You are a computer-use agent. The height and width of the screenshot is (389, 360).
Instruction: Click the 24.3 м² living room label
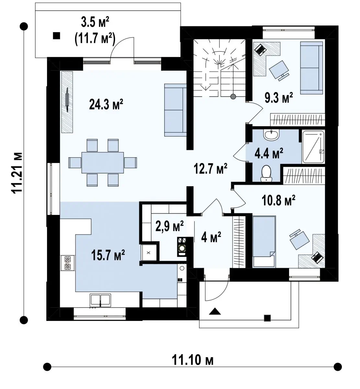(106, 104)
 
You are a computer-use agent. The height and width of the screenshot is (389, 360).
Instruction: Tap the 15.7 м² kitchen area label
(108, 255)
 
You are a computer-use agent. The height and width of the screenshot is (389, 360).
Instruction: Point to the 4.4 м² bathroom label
(269, 153)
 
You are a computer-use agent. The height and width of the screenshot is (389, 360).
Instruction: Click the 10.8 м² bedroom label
(279, 200)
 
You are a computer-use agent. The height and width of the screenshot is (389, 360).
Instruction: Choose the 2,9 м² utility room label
(169, 226)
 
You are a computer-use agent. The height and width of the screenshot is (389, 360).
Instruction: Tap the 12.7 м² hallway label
(210, 169)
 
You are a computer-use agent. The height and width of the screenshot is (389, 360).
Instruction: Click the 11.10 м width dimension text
(192, 360)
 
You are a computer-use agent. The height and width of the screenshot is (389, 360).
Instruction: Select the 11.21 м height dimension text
(17, 173)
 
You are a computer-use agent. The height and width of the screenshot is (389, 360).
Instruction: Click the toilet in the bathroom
(266, 173)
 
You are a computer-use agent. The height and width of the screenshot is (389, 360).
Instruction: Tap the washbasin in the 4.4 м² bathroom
(271, 135)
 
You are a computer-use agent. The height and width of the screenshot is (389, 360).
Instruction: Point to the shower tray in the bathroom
(313, 147)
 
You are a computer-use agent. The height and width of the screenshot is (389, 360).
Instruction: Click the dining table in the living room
(103, 163)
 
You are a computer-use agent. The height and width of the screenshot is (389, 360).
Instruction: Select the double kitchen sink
(100, 300)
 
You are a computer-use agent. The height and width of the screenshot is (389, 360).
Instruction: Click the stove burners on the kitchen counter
(68, 263)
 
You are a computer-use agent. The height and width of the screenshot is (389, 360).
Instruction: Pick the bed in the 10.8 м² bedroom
(264, 242)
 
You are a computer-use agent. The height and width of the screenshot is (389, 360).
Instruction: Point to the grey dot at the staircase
(233, 96)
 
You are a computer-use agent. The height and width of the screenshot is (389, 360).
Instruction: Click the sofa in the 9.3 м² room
(311, 68)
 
